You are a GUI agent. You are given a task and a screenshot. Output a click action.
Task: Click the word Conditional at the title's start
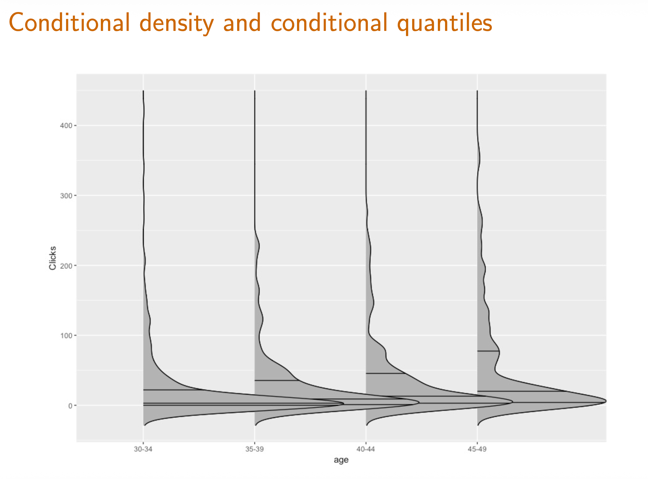pyautogui.click(x=70, y=22)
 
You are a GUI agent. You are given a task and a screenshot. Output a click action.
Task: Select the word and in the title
pyautogui.click(x=242, y=22)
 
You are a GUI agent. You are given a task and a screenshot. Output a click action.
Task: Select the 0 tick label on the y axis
pyautogui.click(x=71, y=405)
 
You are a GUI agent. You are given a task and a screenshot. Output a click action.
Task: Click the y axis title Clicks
pyautogui.click(x=52, y=258)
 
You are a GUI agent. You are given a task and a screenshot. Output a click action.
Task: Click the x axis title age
pyautogui.click(x=341, y=460)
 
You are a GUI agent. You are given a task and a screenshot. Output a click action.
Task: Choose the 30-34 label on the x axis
pyautogui.click(x=143, y=449)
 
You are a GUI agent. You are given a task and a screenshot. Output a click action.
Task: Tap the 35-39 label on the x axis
pyautogui.click(x=254, y=449)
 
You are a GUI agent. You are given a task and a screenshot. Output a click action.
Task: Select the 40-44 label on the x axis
pyautogui.click(x=366, y=449)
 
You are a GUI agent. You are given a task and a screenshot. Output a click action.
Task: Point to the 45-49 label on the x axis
pyautogui.click(x=477, y=449)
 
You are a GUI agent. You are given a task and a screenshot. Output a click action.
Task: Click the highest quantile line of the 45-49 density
pyautogui.click(x=488, y=351)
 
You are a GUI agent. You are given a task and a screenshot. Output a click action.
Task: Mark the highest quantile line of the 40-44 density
pyautogui.click(x=386, y=373)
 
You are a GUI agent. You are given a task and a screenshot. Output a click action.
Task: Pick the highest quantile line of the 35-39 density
pyautogui.click(x=277, y=380)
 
